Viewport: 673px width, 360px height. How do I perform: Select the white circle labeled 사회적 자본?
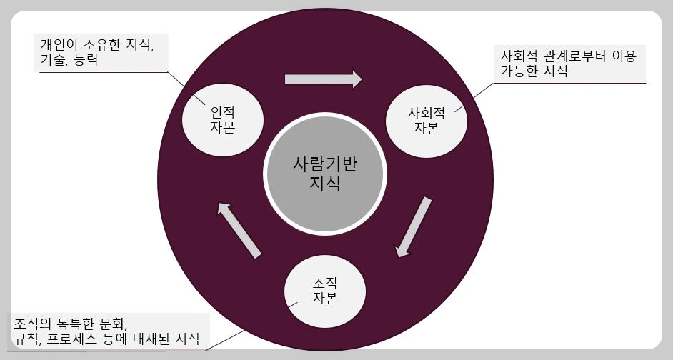[427, 121]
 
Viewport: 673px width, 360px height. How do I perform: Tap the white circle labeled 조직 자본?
[325, 289]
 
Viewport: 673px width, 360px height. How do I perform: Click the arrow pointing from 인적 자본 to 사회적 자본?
[323, 78]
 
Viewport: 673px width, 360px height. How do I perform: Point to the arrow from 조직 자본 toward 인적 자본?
[239, 229]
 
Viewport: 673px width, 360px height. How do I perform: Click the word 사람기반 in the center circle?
[325, 163]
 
